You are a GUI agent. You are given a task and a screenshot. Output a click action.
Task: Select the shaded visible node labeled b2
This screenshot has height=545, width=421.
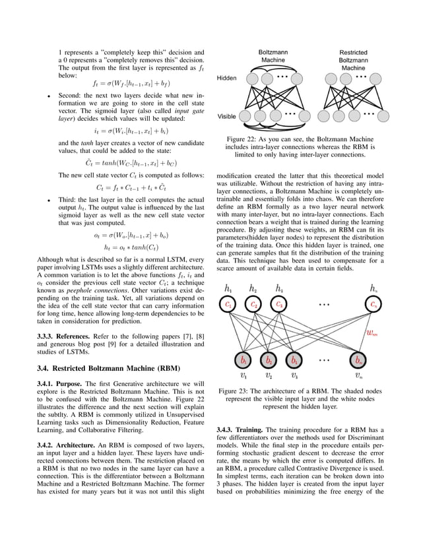click(269, 361)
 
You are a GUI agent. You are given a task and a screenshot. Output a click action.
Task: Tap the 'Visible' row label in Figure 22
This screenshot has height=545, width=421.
click(226, 116)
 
